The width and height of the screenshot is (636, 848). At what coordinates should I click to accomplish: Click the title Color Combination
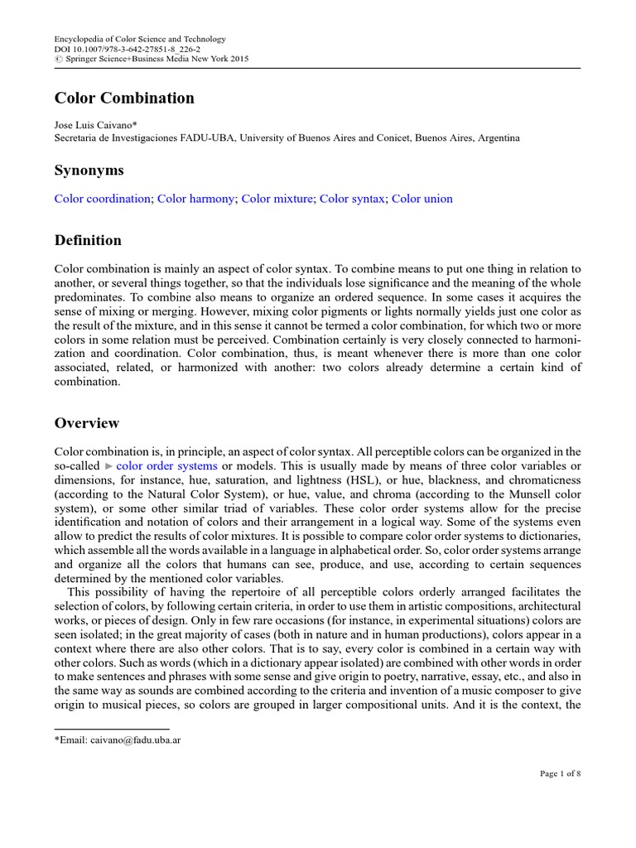click(124, 98)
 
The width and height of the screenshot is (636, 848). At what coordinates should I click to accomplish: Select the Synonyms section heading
click(89, 170)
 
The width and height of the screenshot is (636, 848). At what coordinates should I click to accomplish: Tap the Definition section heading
click(88, 240)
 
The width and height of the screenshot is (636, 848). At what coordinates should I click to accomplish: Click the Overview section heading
click(87, 423)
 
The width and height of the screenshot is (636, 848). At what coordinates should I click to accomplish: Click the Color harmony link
click(195, 199)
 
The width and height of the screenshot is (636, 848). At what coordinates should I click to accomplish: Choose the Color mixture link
click(277, 199)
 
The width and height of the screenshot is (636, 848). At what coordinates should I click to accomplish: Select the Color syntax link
click(352, 199)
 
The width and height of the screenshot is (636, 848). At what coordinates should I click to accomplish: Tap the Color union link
click(422, 199)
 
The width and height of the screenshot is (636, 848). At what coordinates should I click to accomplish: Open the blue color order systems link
click(167, 466)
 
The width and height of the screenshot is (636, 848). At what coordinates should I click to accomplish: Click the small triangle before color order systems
click(108, 466)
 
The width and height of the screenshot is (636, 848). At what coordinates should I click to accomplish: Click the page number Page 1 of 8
click(560, 773)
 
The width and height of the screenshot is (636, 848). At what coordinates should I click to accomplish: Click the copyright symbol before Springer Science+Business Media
click(58, 59)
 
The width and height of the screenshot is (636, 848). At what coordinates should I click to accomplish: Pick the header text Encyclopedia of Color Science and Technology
click(139, 39)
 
